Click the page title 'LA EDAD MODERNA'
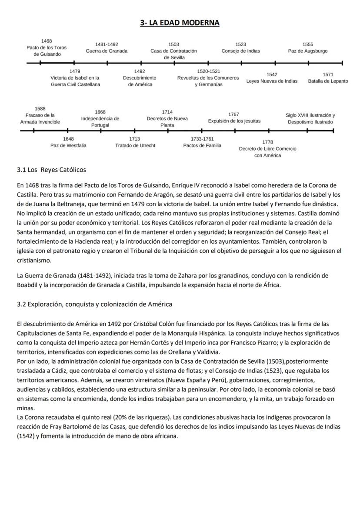184,23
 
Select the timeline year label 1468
47,41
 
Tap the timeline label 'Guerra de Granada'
107,51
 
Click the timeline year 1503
173,44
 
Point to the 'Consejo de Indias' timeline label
240,51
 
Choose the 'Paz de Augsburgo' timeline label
307,51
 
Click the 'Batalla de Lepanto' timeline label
328,81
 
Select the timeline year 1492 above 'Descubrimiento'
140,71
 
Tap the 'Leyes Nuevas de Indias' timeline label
272,81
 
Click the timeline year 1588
40,109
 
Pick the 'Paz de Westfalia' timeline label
68,145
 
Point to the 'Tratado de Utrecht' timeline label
135,145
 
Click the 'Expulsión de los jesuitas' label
234,121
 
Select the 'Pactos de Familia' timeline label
202,145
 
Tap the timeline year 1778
268,142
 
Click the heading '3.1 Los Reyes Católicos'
51,170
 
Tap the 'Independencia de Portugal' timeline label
100,122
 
